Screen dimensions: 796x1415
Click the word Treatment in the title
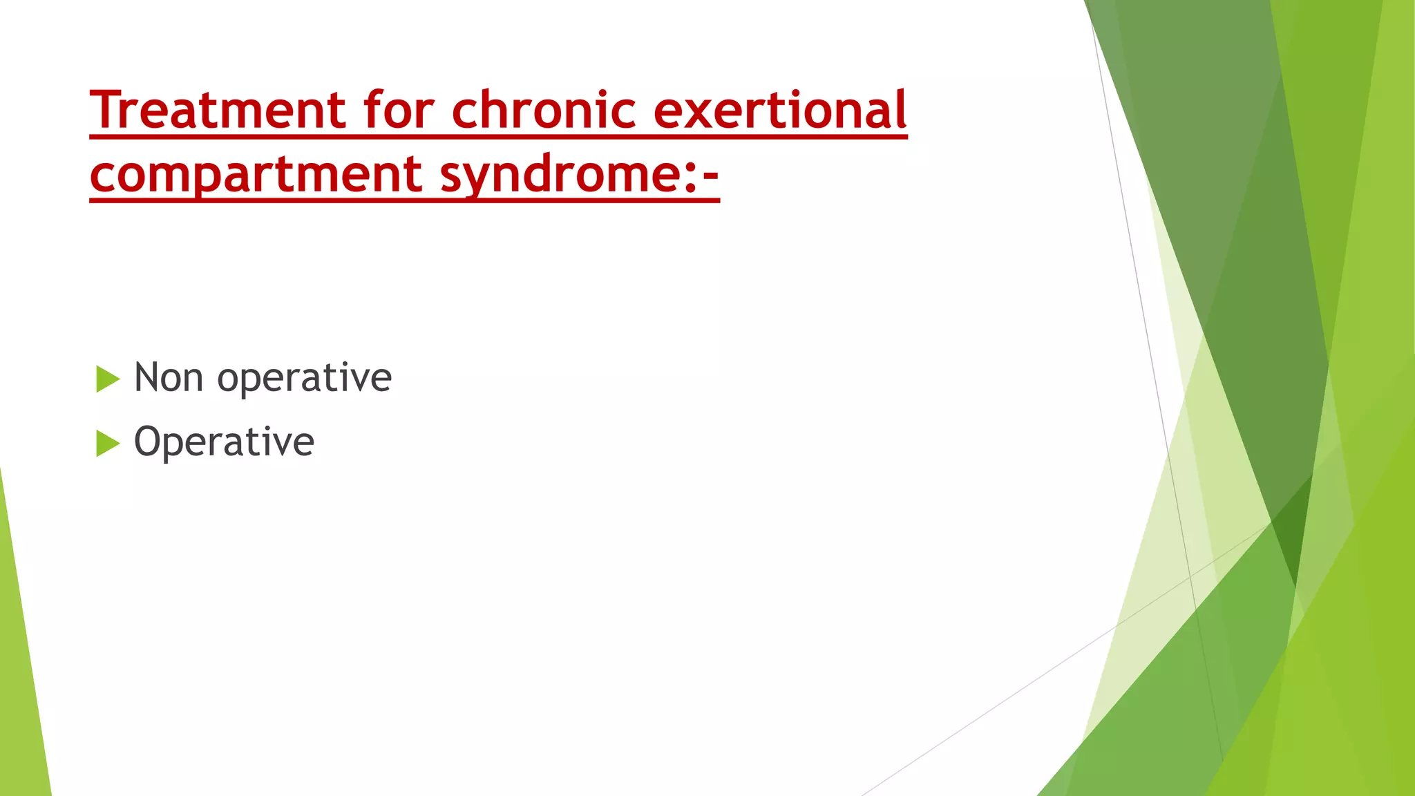(218, 111)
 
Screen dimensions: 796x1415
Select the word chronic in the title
(544, 111)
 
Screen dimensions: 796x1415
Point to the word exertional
(779, 111)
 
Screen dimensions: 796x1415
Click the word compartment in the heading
(256, 174)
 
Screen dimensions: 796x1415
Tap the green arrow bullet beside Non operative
(107, 379)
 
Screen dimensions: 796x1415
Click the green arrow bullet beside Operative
(107, 443)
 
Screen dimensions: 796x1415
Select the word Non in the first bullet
(169, 378)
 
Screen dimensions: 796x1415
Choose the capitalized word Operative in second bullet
(224, 442)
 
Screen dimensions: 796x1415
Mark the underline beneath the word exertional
(779, 137)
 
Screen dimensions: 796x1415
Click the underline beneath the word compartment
(256, 200)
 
